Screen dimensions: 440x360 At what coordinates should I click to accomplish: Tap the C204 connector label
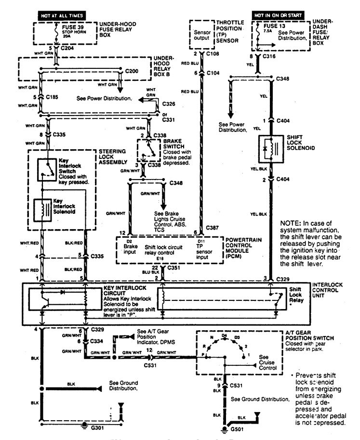pos(67,49)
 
